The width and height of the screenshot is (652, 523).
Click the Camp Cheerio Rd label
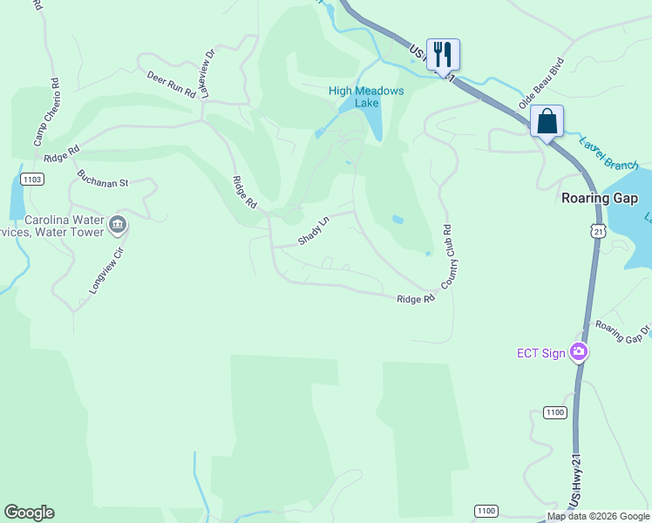(45, 112)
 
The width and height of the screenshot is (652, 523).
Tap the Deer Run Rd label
(171, 85)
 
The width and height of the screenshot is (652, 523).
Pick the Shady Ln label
(314, 231)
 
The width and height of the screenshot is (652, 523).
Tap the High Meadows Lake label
(366, 97)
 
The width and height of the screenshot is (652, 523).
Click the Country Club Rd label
(450, 258)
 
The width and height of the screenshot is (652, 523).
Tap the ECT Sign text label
(540, 352)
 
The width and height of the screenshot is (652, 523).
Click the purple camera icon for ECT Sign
(579, 352)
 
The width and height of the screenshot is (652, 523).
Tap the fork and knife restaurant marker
(443, 53)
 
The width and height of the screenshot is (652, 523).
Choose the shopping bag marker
(547, 120)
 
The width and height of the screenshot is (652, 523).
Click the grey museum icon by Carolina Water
(118, 226)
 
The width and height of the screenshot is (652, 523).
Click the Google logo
(29, 513)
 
